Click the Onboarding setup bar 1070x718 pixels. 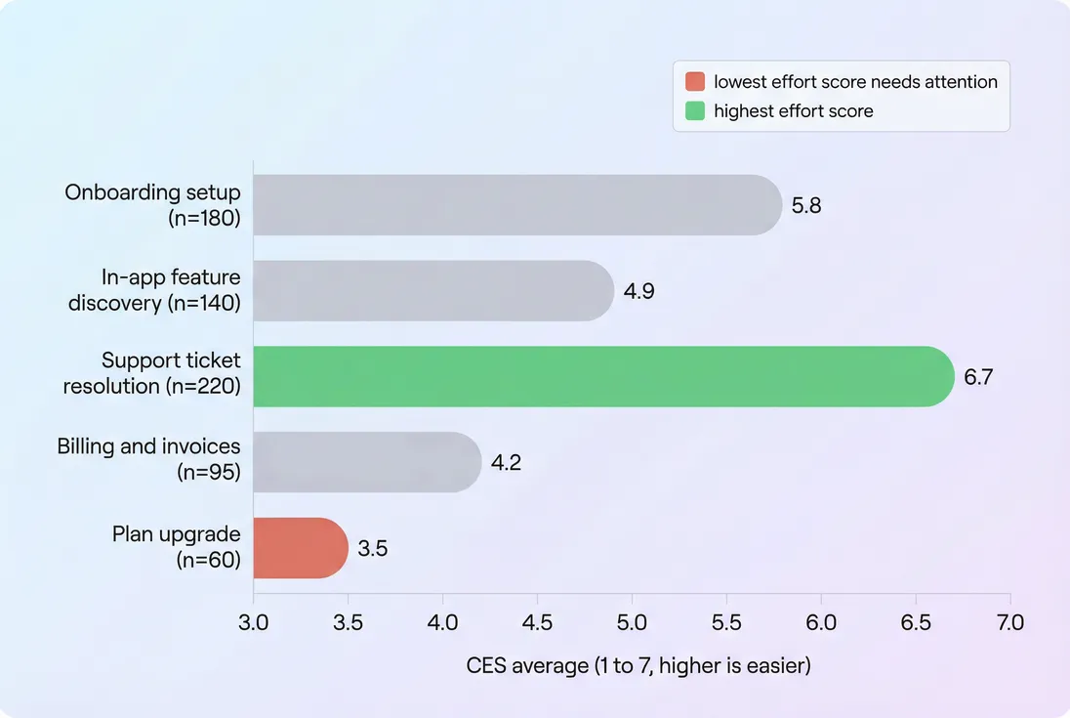tap(517, 205)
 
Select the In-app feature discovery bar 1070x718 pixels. tap(433, 291)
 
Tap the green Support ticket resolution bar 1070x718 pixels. tap(603, 376)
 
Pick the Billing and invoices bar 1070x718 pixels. tap(367, 462)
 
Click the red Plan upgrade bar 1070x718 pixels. tap(301, 548)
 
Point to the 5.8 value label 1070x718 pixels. tap(806, 206)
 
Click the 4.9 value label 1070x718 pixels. tap(638, 292)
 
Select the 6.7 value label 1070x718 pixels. tap(978, 377)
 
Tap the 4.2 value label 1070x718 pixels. tap(506, 463)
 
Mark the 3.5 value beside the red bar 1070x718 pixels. tap(373, 549)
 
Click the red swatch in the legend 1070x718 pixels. tap(695, 82)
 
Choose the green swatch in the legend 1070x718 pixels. tap(695, 111)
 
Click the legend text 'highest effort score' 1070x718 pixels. tap(793, 111)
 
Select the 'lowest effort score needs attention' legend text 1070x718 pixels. tap(855, 82)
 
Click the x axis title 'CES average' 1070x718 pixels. tap(638, 666)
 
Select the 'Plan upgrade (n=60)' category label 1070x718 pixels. tap(176, 548)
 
